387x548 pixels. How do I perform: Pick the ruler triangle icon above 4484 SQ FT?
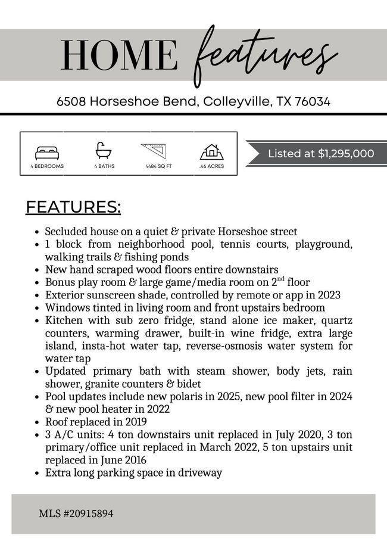[155, 151]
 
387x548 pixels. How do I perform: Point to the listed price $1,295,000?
[346, 154]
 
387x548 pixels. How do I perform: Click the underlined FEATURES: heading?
[73, 207]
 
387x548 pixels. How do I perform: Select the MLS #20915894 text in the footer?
[76, 513]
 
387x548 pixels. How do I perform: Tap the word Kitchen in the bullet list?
[63, 320]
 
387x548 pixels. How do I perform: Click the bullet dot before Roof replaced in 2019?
[37, 422]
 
